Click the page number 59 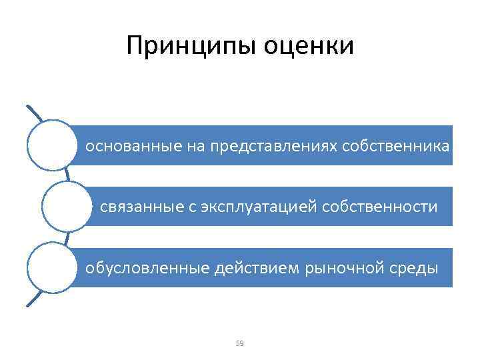click(x=240, y=343)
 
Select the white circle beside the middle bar click(x=66, y=207)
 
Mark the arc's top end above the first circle click(x=27, y=105)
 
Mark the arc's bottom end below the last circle click(x=27, y=306)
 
